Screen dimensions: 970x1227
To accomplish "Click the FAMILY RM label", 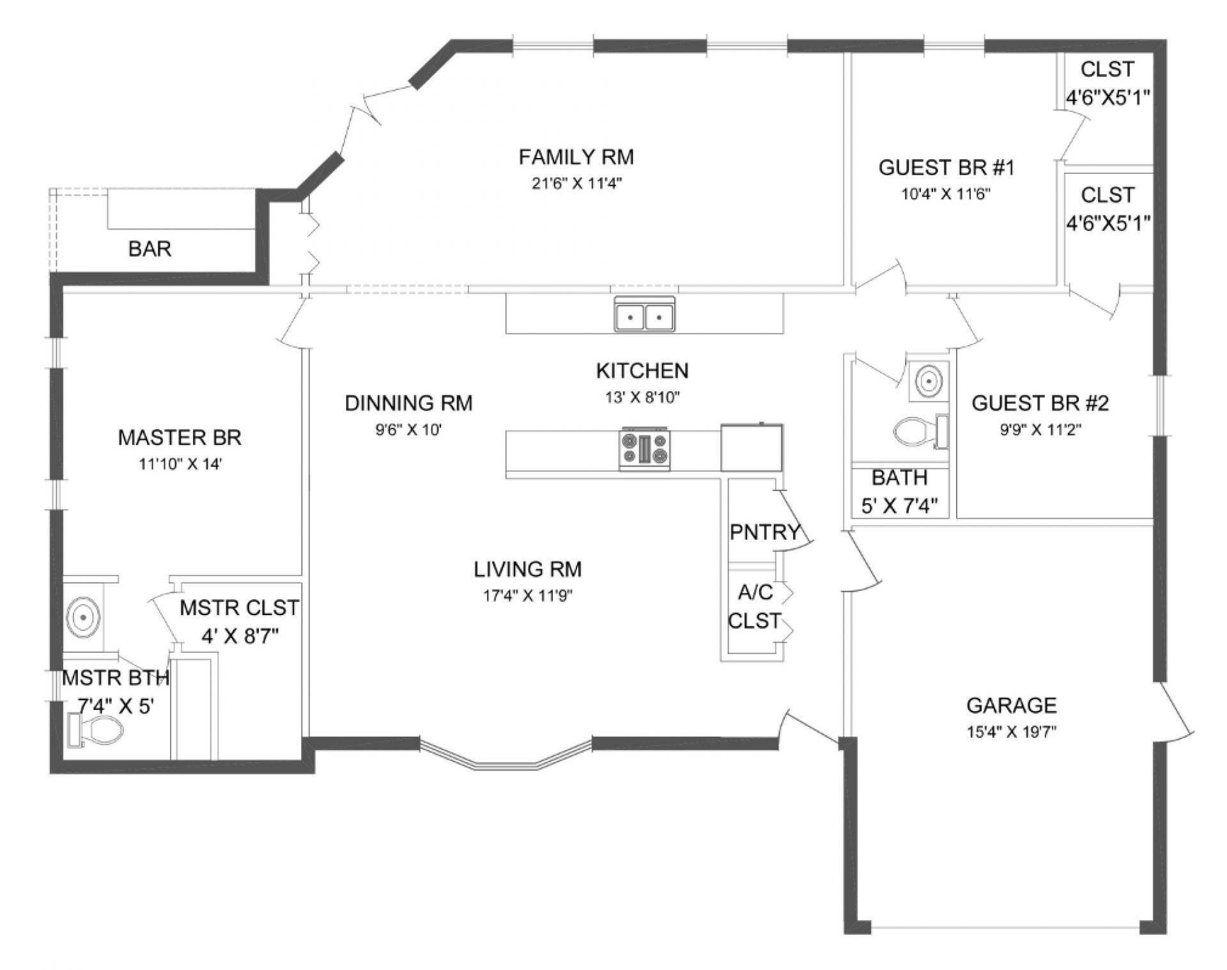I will [x=576, y=157].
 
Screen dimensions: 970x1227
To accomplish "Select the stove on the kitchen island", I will [x=644, y=448].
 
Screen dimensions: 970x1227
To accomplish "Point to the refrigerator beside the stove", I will [x=752, y=447].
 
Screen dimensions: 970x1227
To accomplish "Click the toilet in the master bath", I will [x=96, y=730].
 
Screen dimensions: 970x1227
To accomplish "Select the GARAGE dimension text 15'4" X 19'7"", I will [x=1011, y=731].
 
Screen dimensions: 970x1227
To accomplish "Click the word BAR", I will [x=150, y=249].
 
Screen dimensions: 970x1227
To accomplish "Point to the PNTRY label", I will [x=764, y=531].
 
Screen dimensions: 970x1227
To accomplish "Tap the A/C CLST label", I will [x=755, y=606].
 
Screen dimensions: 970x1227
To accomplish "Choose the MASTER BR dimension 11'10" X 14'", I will [x=180, y=465].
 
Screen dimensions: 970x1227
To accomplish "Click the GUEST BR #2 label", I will [x=1040, y=403].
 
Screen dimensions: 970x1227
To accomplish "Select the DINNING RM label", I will [x=408, y=403].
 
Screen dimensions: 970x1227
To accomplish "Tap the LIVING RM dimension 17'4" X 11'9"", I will [x=527, y=596].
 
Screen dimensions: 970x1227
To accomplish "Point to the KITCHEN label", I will [x=642, y=370].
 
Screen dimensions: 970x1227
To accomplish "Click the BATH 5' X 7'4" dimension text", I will [x=899, y=506].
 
